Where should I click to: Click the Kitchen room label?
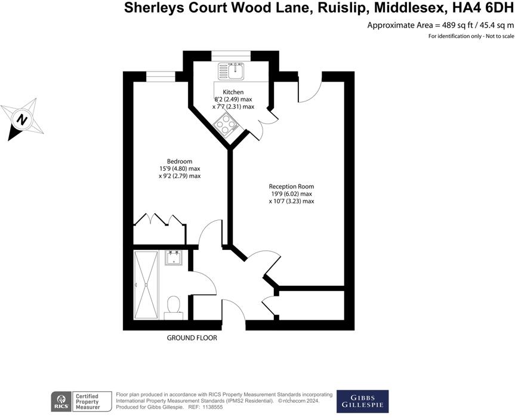point(233,91)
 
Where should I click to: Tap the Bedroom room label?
point(179,161)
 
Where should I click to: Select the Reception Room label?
point(291,186)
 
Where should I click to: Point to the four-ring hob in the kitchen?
point(227,126)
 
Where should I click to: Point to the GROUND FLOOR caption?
point(192,338)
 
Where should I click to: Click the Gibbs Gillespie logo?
point(362,402)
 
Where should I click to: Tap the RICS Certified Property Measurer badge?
point(82,402)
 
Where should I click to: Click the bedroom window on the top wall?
point(157,75)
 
